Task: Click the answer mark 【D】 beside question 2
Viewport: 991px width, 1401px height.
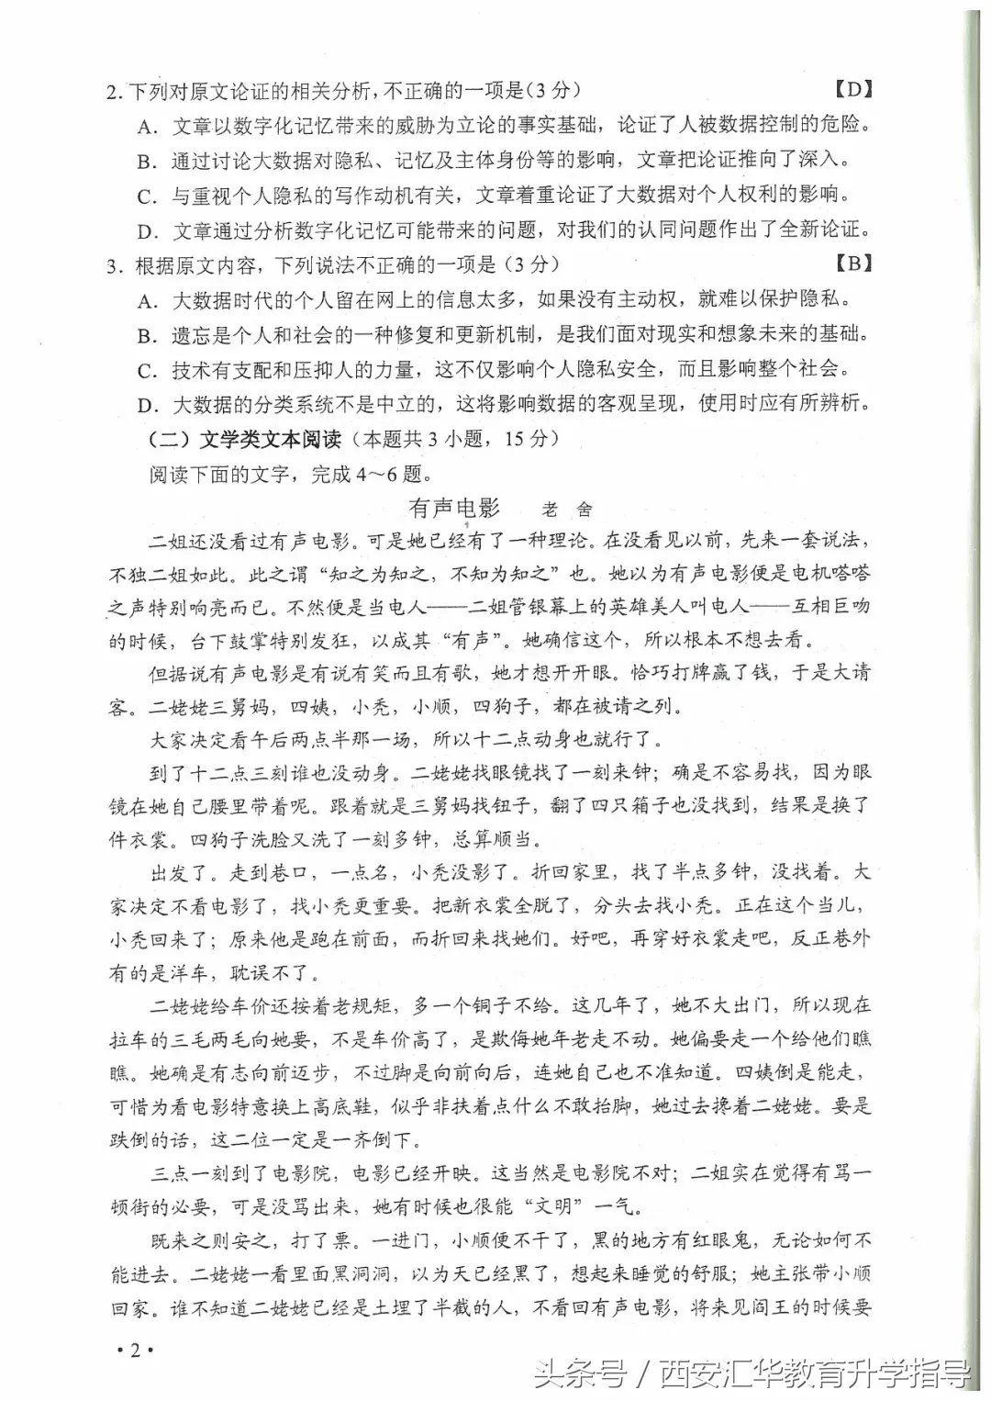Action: click(852, 89)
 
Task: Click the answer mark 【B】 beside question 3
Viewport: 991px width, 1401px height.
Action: click(852, 263)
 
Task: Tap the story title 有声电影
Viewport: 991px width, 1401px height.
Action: click(454, 508)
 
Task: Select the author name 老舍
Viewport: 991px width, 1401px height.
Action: click(567, 510)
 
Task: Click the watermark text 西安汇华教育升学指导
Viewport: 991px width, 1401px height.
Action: click(816, 1374)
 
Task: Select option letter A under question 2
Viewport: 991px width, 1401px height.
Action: click(146, 126)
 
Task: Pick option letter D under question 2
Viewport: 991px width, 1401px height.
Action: click(146, 230)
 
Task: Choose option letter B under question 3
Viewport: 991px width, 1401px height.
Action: click(146, 335)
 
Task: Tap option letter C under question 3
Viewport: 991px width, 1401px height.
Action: click(146, 370)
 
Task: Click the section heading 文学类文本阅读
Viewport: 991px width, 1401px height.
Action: click(271, 439)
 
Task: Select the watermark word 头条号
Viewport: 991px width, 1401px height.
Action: click(580, 1374)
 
